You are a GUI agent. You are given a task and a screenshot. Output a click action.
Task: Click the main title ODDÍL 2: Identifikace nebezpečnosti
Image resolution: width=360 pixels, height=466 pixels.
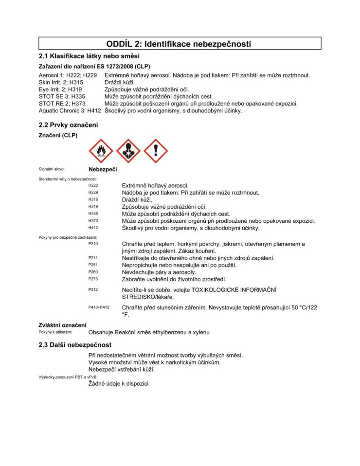click(x=180, y=44)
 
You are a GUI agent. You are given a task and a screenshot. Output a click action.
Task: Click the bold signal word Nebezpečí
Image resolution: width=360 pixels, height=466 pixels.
click(x=103, y=170)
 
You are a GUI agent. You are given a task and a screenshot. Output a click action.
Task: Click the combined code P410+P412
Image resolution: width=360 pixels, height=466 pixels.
click(x=99, y=307)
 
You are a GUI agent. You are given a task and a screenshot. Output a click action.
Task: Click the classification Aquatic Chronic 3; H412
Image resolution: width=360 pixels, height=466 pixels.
click(x=70, y=110)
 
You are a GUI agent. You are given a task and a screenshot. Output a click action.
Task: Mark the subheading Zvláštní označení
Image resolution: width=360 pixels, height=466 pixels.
click(x=62, y=325)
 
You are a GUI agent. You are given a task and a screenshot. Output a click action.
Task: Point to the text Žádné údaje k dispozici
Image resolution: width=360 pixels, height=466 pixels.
click(x=118, y=384)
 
